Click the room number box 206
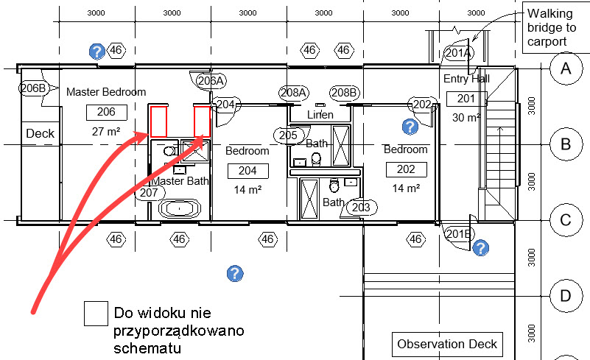[x=107, y=112]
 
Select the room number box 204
[x=248, y=171]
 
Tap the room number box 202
[x=407, y=169]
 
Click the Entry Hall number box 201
[x=466, y=99]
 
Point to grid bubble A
[x=566, y=69]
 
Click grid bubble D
[x=566, y=296]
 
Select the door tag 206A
[x=211, y=81]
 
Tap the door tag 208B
[x=344, y=93]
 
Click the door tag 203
[x=361, y=208]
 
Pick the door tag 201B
[x=458, y=234]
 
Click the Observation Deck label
[x=447, y=345]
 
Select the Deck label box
[x=41, y=133]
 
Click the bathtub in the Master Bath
[x=180, y=208]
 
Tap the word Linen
[x=320, y=114]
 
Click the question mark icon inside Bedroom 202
[x=410, y=127]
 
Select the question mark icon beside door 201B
[x=480, y=248]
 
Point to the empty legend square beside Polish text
[x=96, y=314]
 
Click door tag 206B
[x=33, y=88]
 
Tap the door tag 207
[x=150, y=193]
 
